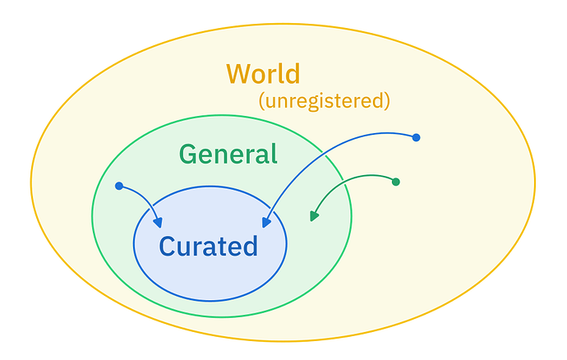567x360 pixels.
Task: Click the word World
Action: click(263, 74)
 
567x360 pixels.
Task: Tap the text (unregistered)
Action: click(324, 101)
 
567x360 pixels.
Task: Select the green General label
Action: click(228, 154)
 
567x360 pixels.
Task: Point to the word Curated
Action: click(208, 246)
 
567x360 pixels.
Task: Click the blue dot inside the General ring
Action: click(119, 186)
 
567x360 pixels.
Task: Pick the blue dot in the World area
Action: click(416, 137)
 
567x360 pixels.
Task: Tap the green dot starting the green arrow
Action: click(395, 182)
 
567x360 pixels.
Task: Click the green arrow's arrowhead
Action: click(314, 216)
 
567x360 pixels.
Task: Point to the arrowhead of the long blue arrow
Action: click(267, 221)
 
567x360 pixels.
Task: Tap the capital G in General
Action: click(188, 155)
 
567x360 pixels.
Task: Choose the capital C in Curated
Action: click(167, 247)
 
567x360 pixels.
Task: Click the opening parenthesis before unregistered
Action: click(261, 102)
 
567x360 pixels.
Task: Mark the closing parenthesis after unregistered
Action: click(386, 102)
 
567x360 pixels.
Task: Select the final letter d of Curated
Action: click(251, 246)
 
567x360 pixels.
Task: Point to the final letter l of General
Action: click(274, 153)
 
